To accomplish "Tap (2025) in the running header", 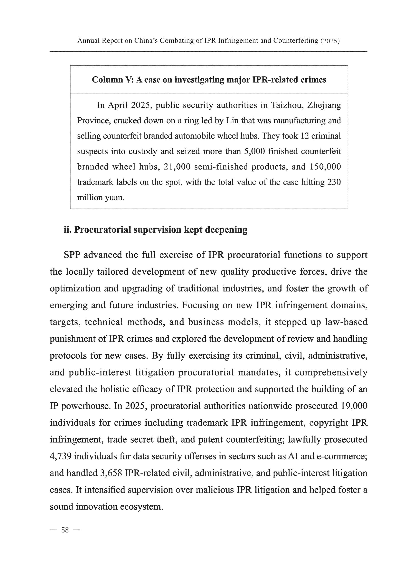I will click(330, 41).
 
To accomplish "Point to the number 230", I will click(334, 182).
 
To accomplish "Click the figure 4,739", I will click(60, 456).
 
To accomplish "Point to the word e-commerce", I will click(342, 456).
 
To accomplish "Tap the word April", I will click(118, 105).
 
